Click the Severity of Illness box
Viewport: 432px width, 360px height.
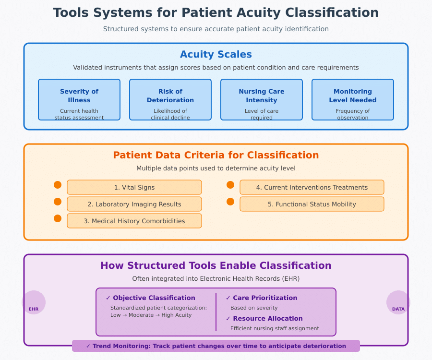pos(79,100)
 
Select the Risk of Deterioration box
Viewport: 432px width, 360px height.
pos(170,100)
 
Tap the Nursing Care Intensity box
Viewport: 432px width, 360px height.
pos(262,100)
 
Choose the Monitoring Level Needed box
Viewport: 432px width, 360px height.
pos(353,100)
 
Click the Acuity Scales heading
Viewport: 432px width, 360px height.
pos(216,55)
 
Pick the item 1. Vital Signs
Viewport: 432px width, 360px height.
pos(134,187)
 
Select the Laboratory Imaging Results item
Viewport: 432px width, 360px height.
pos(134,204)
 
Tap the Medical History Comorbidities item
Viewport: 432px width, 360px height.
pos(134,221)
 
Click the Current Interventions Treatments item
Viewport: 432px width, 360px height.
pos(312,187)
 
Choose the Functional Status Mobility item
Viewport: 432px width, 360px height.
pos(312,204)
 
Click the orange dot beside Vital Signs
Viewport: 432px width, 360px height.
pos(58,185)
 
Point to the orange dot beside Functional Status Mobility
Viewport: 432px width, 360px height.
pos(230,202)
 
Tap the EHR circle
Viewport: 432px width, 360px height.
pos(34,303)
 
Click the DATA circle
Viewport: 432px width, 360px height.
pos(398,303)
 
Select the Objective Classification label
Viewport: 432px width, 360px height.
pos(154,298)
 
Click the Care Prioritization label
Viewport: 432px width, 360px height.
pos(265,298)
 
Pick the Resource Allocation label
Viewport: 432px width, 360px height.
pos(267,319)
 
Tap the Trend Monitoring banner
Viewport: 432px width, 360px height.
pos(216,346)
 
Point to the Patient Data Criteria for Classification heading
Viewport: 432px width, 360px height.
pos(216,156)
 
